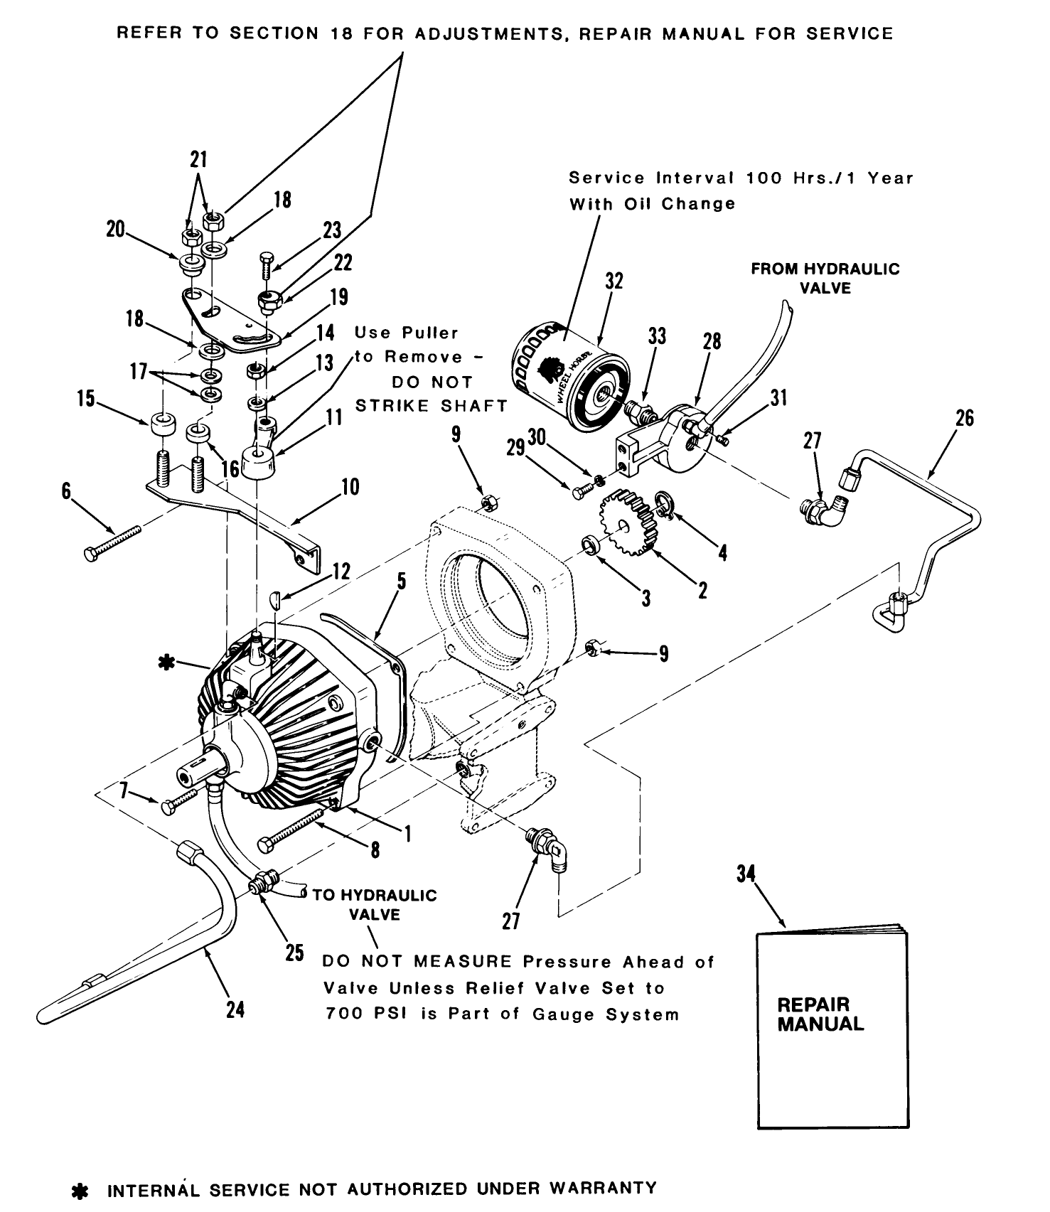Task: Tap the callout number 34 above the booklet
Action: point(745,874)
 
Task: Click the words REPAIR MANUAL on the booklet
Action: point(820,1014)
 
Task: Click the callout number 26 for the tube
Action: point(964,418)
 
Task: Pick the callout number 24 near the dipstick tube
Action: point(235,1009)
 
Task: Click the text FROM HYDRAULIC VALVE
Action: point(825,279)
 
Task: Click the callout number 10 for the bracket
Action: point(350,488)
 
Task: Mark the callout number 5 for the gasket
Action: point(401,582)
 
